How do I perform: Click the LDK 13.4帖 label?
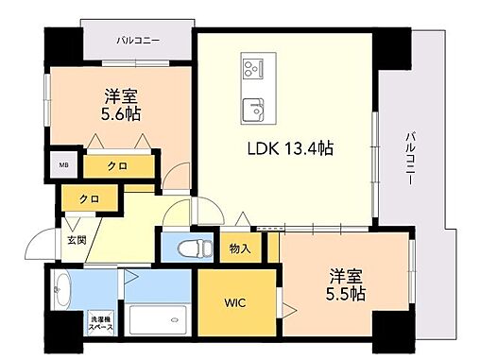click(289, 148)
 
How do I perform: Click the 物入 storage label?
click(240, 249)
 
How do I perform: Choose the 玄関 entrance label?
click(76, 240)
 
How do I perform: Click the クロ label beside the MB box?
click(116, 166)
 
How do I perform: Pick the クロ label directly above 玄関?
click(89, 198)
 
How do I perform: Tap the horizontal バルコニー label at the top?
click(138, 40)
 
